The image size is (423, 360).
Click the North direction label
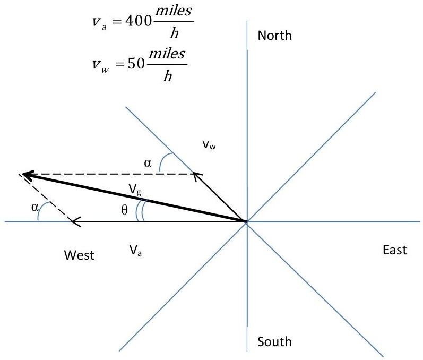coord(274,36)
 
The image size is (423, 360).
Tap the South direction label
coord(274,341)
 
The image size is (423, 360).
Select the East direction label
coord(394,250)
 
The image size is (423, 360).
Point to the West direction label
coord(79,255)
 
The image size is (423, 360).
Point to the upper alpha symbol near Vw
coord(148,164)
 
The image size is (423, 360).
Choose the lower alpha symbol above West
coord(35,208)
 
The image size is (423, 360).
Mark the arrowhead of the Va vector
coord(76,221)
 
